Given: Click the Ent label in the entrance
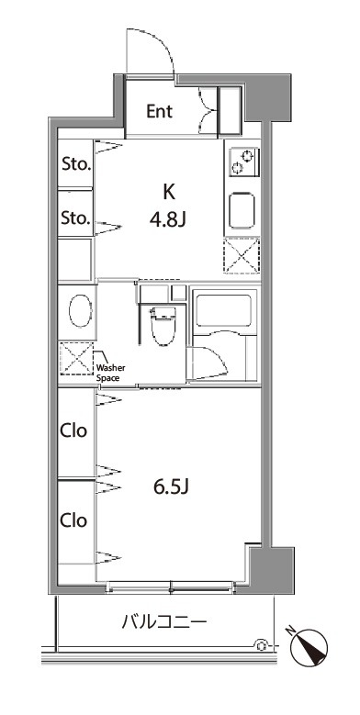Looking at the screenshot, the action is click(159, 111).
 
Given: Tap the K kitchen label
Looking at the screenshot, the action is click(169, 193).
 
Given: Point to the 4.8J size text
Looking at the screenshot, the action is click(167, 220).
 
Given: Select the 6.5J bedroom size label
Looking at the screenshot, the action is click(171, 488).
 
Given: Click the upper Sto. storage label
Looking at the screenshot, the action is click(76, 164).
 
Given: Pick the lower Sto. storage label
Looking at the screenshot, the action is click(76, 218).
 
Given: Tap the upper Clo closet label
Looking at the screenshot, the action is click(73, 430).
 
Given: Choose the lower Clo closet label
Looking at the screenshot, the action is click(73, 519).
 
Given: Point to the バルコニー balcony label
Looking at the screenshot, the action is click(164, 621).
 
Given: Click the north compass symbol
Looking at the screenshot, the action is click(309, 647).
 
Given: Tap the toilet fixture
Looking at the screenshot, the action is click(163, 326).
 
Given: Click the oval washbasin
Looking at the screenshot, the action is click(80, 311).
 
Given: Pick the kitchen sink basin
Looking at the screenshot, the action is click(242, 210).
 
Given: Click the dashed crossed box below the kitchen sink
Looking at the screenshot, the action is click(242, 255).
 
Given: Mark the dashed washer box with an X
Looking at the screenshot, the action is click(76, 358).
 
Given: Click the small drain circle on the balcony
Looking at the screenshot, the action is click(262, 644).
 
